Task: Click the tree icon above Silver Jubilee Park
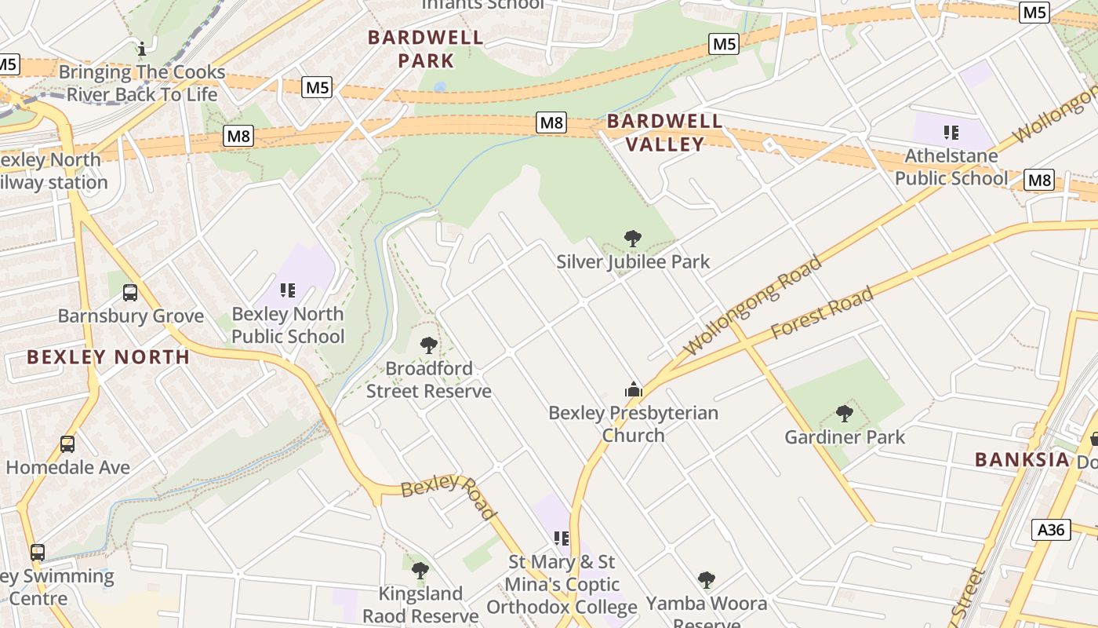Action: coord(632,239)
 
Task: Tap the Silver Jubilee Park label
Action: coord(633,261)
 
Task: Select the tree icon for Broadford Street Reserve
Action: coord(428,345)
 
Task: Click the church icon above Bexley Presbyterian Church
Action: coord(633,389)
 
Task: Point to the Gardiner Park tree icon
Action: coord(845,413)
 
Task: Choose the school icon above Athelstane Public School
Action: coord(951,133)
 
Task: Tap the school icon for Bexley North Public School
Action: coord(288,290)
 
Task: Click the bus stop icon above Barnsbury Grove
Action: coord(130,293)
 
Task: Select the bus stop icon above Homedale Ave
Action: coord(67,444)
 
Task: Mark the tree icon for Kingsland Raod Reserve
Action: coord(420,571)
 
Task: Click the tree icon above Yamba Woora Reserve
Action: coord(707,580)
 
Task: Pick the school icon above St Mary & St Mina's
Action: coord(562,539)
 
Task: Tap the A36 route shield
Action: coord(1050,530)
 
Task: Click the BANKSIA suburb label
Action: coord(1022,460)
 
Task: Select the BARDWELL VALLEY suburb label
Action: coord(665,133)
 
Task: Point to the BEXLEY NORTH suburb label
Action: coord(108,357)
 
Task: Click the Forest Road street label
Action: coord(822,312)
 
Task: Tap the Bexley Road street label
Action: coord(449,495)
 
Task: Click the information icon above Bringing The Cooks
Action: coord(142,49)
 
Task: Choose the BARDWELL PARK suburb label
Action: coord(426,49)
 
